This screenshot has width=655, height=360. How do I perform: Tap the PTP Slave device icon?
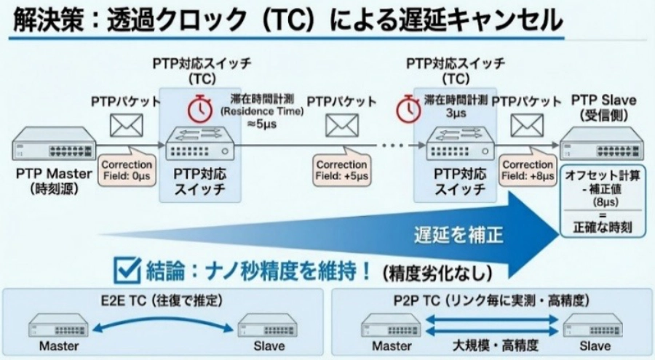602,144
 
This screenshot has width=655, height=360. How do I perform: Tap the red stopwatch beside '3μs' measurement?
408,109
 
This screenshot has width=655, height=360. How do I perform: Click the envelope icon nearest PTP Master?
126,126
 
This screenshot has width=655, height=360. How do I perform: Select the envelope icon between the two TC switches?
341,126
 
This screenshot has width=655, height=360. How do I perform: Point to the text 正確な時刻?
601,228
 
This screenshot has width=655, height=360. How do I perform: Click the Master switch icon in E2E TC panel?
59,326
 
